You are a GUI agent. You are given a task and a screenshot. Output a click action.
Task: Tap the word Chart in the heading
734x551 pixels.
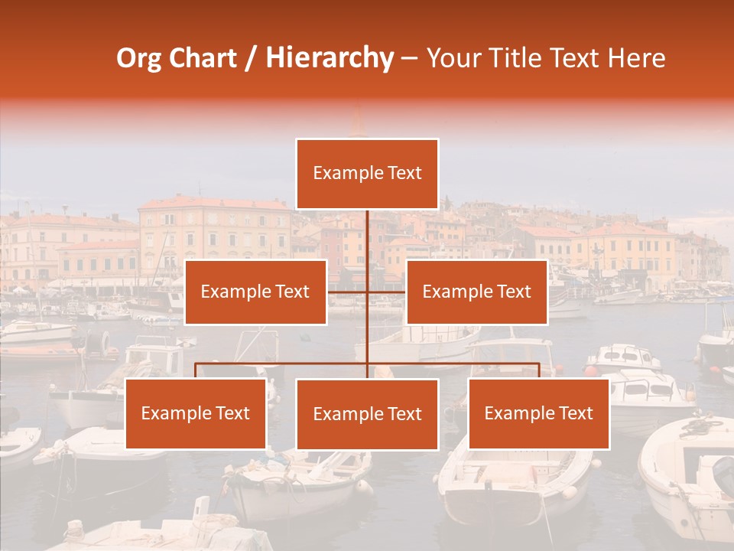pos(203,58)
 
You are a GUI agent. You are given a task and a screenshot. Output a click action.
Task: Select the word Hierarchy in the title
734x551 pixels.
pos(329,58)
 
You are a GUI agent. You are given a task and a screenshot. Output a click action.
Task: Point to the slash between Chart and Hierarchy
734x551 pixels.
pos(251,58)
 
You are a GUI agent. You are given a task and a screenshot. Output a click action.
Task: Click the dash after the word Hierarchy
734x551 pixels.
pos(409,58)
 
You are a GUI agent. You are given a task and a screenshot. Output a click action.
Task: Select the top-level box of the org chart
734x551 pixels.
pos(367,174)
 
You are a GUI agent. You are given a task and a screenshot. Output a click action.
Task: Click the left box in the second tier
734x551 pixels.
pos(255,292)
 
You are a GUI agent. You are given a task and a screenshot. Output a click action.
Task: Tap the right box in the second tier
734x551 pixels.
pos(477,292)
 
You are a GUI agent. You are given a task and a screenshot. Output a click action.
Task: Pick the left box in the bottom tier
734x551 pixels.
pos(196,413)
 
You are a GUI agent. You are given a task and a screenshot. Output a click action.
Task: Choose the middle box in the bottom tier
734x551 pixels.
pos(367,414)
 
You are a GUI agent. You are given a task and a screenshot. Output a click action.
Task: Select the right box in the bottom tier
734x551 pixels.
pos(538,413)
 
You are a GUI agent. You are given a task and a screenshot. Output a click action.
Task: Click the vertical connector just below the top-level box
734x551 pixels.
pos(367,230)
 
